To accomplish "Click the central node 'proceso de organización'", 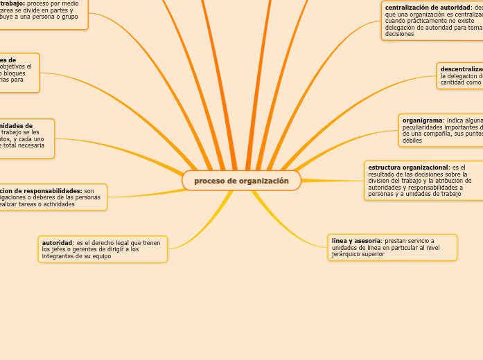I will pyautogui.click(x=241, y=181).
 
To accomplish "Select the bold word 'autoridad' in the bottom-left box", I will pyautogui.click(x=57, y=243).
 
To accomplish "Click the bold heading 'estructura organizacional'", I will pyautogui.click(x=408, y=168).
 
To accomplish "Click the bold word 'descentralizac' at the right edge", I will pyautogui.click(x=462, y=69).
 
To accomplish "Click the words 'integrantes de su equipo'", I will pyautogui.click(x=76, y=256).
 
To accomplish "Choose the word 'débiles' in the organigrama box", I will pyautogui.click(x=412, y=141).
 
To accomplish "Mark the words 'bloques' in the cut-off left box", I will pyautogui.click(x=16, y=73).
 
